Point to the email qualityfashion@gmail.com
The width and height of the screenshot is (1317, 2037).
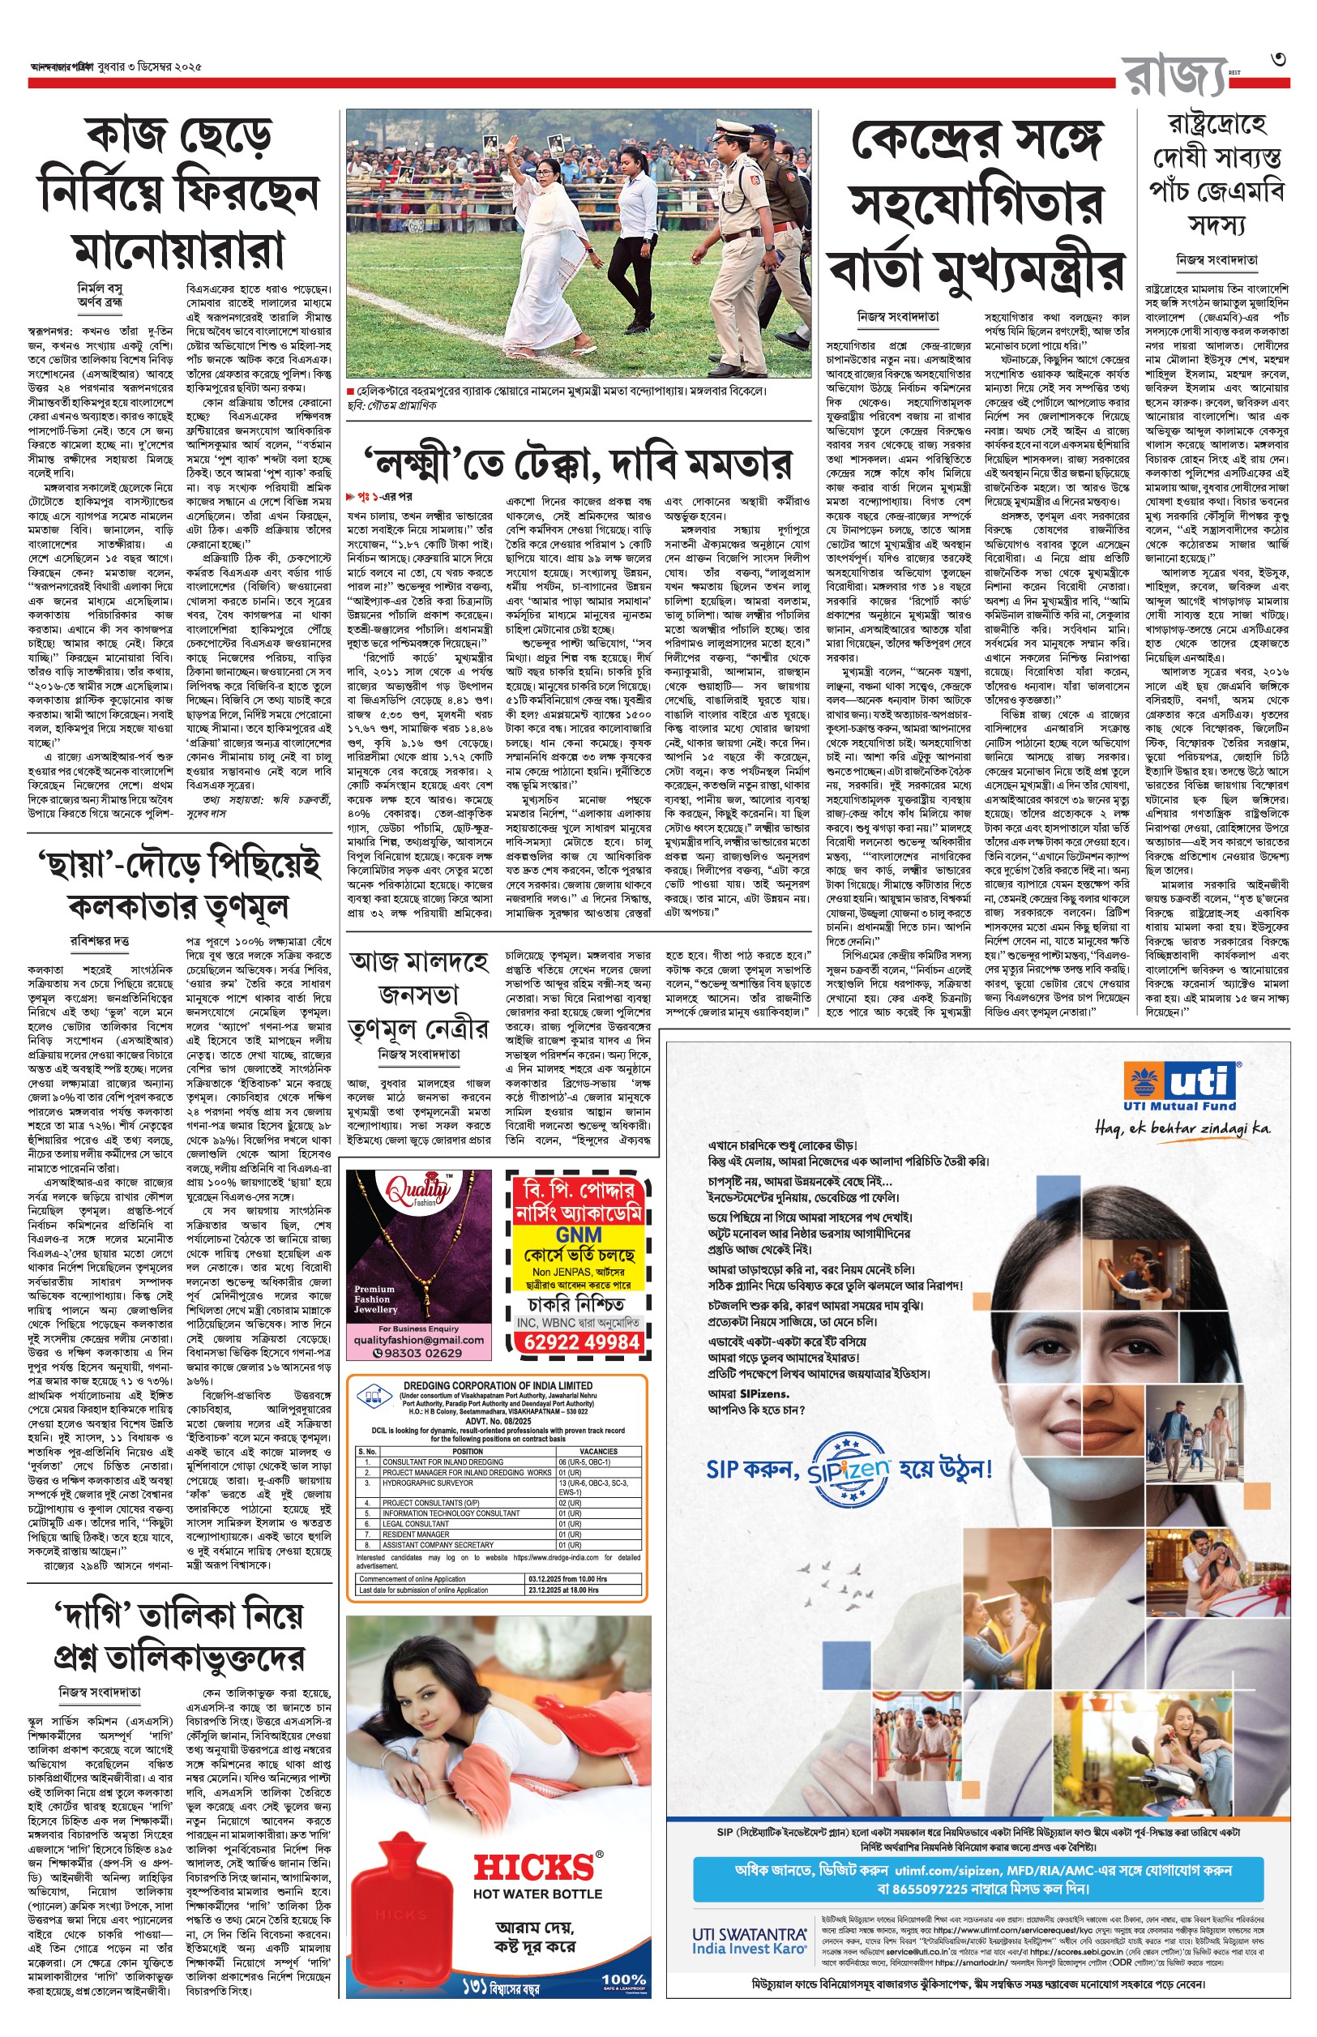point(418,1340)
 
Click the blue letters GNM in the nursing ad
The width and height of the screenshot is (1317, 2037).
point(579,1235)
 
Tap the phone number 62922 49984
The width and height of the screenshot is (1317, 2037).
point(582,1341)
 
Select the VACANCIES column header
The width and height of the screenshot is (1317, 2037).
point(598,1451)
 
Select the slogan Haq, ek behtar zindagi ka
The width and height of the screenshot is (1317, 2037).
point(1182,1129)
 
